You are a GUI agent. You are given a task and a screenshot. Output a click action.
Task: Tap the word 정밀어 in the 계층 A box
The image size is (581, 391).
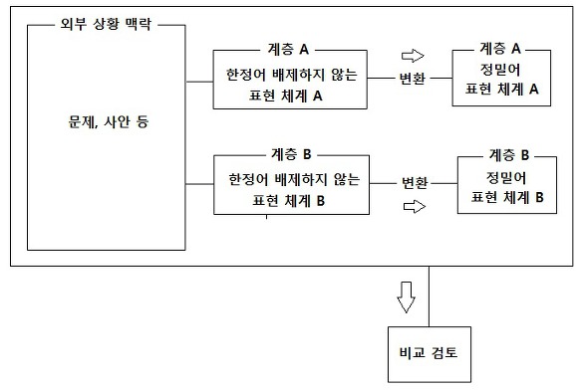500,71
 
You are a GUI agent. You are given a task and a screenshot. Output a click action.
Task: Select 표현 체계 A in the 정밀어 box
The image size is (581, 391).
502,89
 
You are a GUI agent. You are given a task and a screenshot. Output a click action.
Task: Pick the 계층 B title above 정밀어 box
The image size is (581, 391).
508,155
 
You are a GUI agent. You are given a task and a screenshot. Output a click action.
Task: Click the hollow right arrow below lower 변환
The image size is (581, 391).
413,207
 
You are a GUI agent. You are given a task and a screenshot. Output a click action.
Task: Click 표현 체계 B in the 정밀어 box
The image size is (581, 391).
508,196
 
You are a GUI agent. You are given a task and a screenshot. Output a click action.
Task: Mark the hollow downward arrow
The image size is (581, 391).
405,295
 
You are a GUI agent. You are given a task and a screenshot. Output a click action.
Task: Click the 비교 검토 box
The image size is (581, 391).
430,351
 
